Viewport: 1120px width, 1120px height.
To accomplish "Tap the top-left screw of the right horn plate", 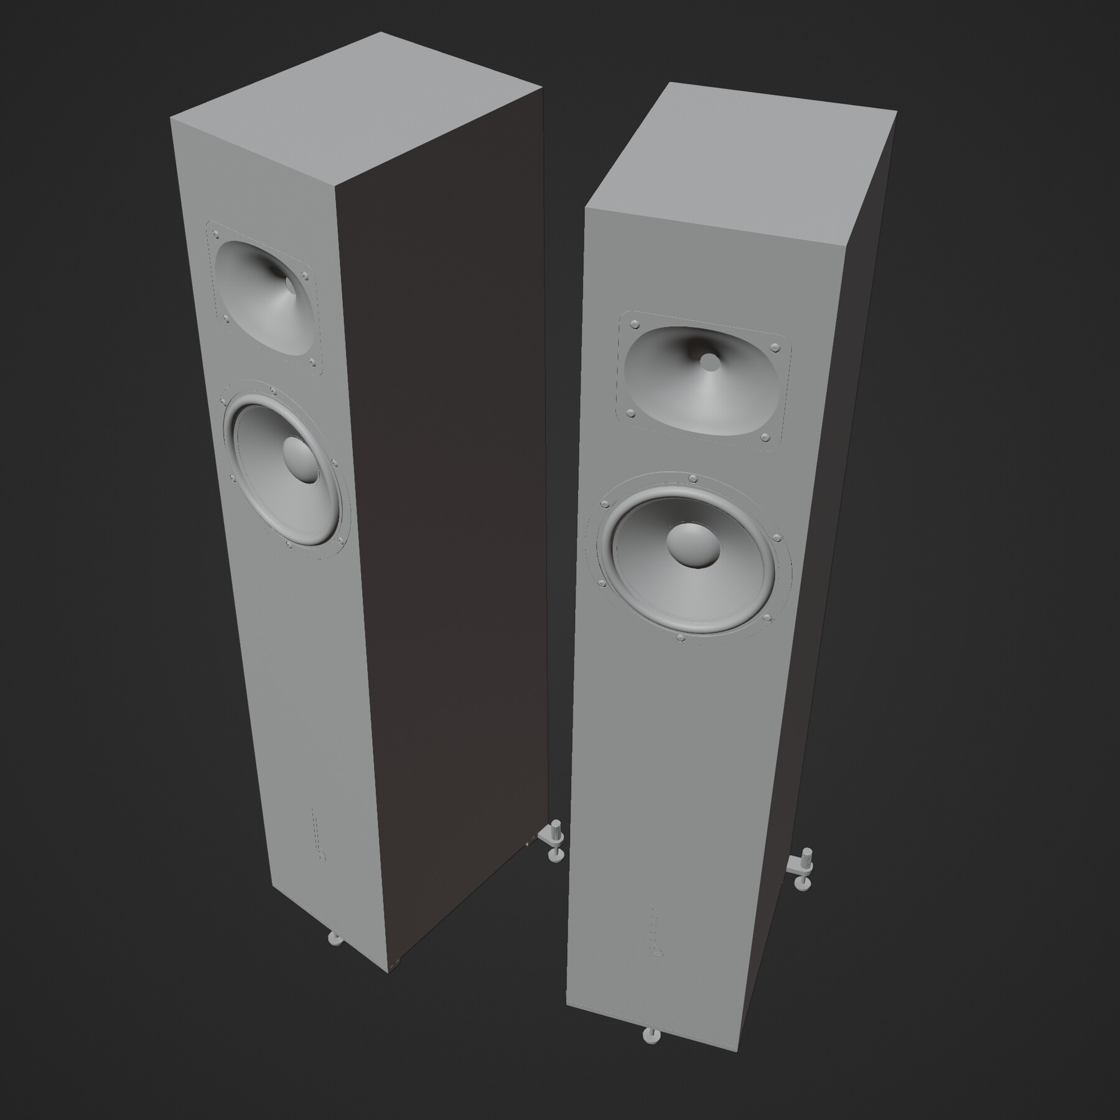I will [x=635, y=324].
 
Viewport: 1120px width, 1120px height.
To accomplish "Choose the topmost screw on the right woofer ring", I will [x=692, y=478].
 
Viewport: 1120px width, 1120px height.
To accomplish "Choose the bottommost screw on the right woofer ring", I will [x=679, y=637].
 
